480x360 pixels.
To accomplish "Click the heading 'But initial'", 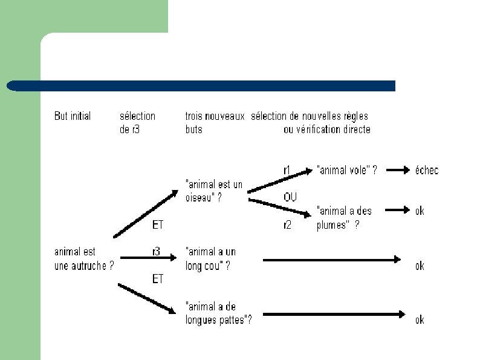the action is (x=73, y=116).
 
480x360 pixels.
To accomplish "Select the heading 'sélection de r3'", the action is (x=137, y=122).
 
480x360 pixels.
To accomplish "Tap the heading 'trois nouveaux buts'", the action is (x=215, y=122).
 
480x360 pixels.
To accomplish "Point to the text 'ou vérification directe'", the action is (x=326, y=129).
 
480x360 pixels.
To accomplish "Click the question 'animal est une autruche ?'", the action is (x=84, y=258).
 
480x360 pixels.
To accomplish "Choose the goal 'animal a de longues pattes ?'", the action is (x=218, y=313).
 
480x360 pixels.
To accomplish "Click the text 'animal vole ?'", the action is (x=347, y=171).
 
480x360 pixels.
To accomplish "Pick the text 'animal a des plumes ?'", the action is (x=343, y=218).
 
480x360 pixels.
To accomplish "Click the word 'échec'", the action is (x=426, y=171).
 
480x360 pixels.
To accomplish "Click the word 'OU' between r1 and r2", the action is (x=290, y=197).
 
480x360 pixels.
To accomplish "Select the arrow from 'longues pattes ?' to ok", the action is (x=334, y=314).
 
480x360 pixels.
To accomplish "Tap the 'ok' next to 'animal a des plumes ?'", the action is (x=420, y=211).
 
